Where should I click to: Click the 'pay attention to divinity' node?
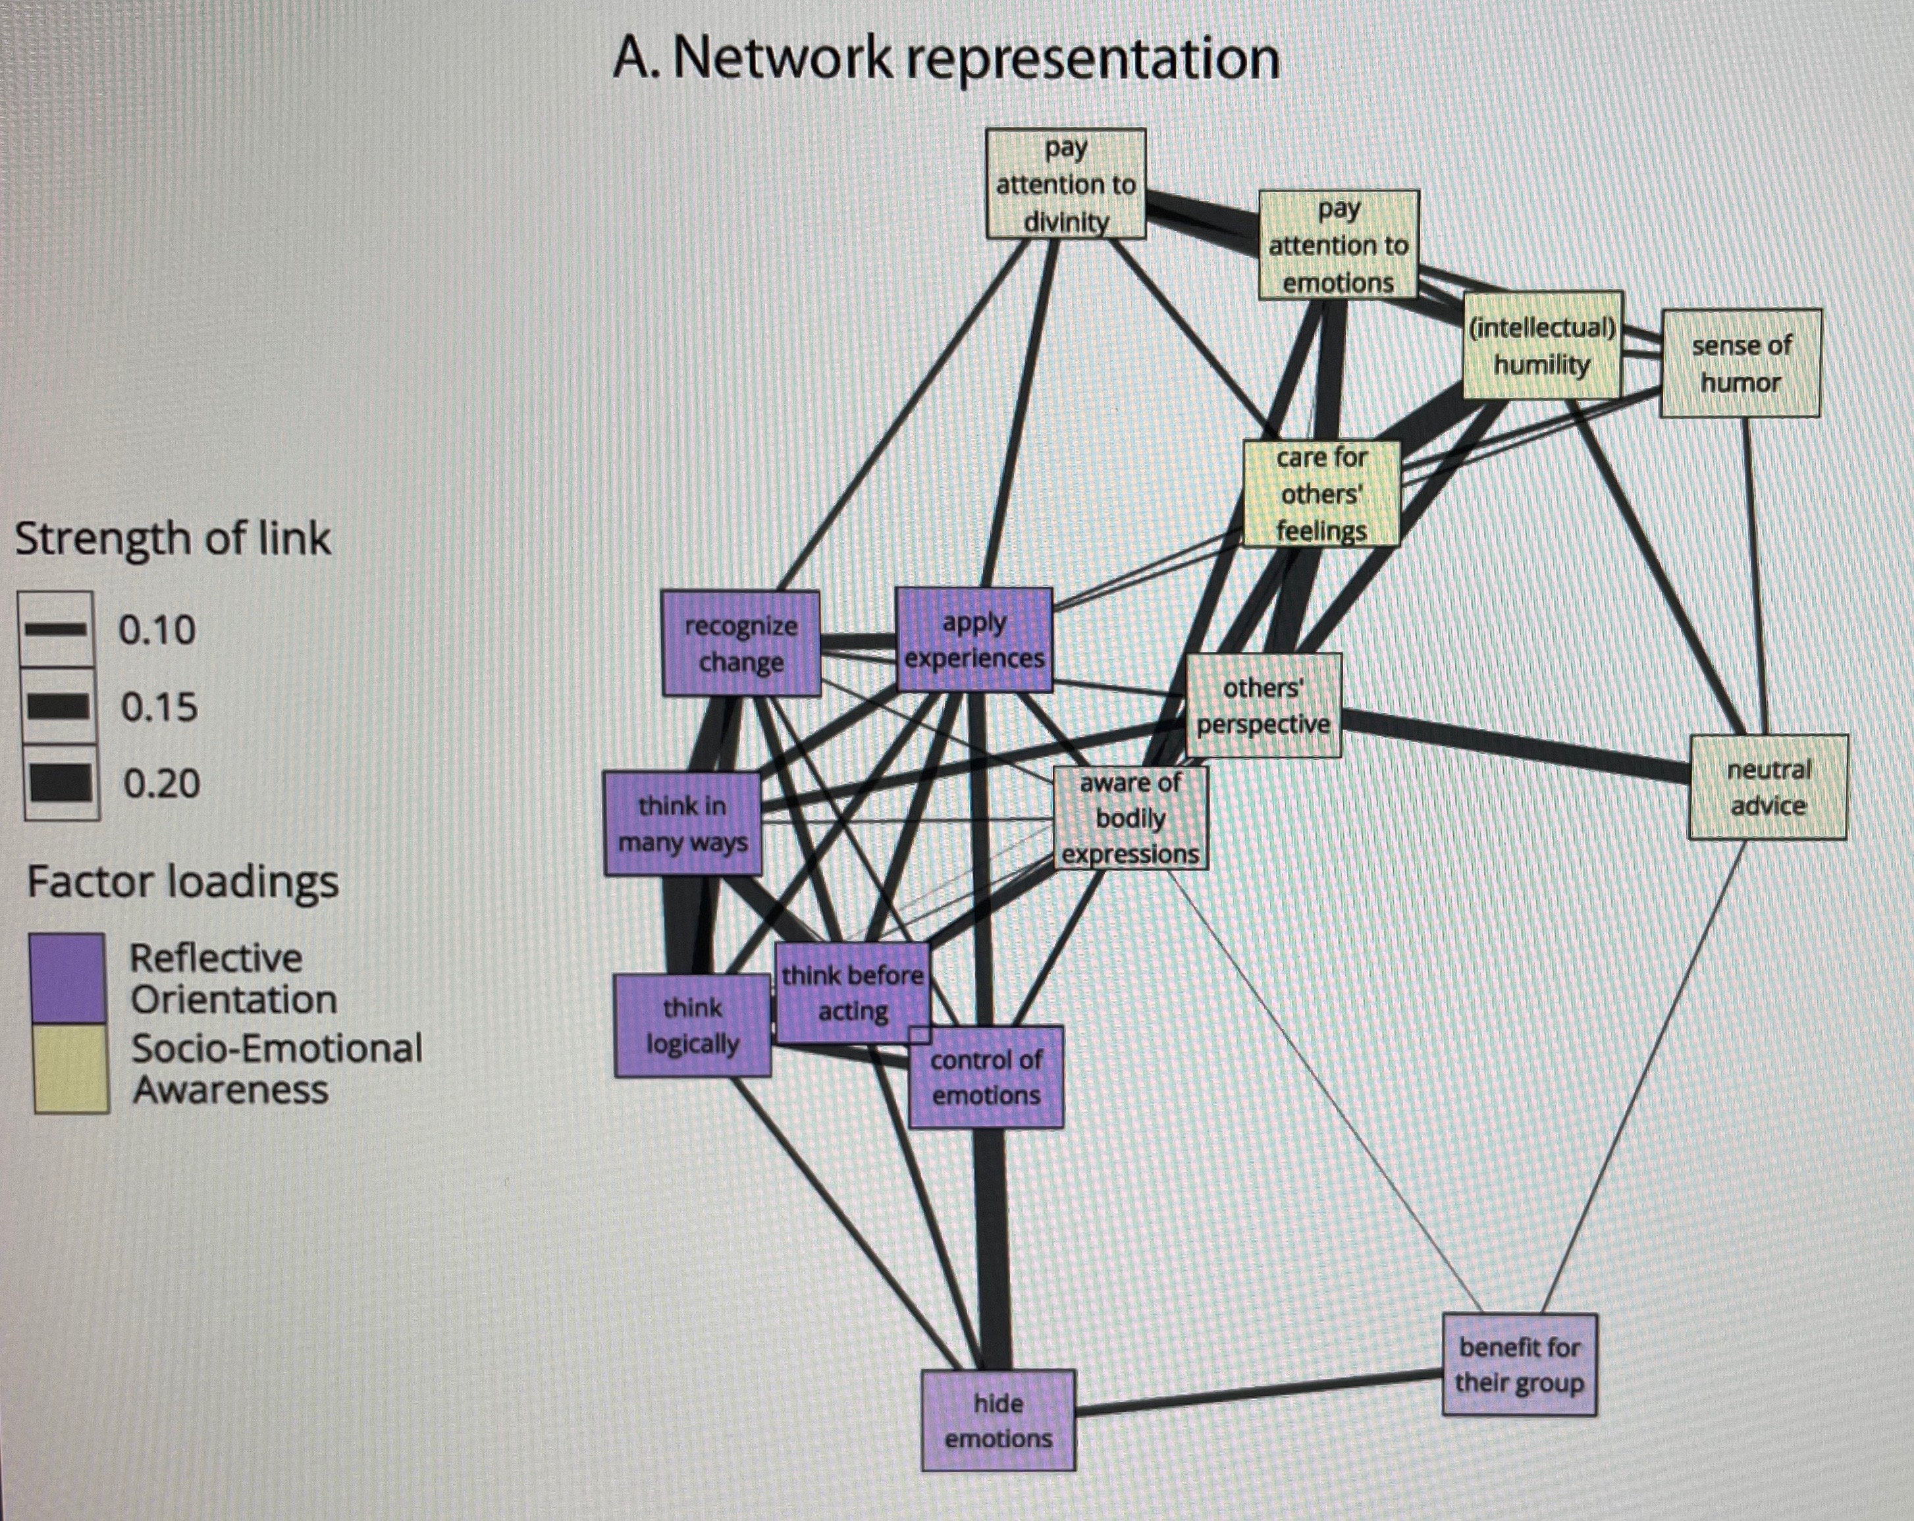pos(1065,184)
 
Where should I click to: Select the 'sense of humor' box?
pos(1740,363)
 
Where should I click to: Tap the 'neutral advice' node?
pos(1767,787)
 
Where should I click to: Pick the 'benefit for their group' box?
pos(1519,1365)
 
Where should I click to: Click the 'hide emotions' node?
pos(998,1421)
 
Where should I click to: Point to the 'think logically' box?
pos(693,1026)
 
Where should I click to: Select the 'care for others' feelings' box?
pos(1321,494)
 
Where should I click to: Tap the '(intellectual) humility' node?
pos(1542,346)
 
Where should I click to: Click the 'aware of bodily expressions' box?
pos(1130,818)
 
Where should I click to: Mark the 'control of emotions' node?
pos(986,1077)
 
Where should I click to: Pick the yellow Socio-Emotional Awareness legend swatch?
pos(70,1068)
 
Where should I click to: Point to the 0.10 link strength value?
pos(157,630)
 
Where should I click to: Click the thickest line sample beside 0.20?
pos(61,783)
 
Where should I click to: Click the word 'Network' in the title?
pos(782,59)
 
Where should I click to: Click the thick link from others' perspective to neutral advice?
pos(1514,747)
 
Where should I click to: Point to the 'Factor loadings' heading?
pos(183,882)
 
